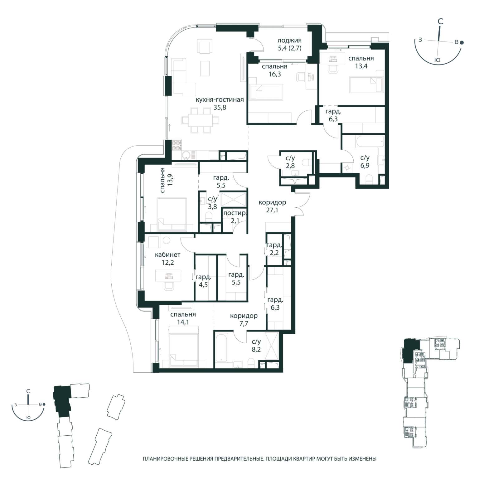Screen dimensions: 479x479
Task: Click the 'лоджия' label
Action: point(289,40)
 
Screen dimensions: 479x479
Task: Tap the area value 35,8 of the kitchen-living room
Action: point(220,108)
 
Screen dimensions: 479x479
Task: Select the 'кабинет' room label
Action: point(167,255)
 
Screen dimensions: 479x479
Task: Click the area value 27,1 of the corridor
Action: point(272,210)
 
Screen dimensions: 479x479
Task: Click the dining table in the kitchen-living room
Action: point(200,120)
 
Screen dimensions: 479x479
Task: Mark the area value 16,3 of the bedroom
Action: point(274,74)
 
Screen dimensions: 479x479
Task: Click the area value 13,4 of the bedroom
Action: point(361,66)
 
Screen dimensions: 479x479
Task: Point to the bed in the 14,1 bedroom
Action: point(184,346)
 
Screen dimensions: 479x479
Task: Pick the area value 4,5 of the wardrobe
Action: point(203,285)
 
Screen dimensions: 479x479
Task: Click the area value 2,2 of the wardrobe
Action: point(274,253)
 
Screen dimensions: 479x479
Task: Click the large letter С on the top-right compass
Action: point(440,22)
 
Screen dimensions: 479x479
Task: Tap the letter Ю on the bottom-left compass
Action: point(28,417)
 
